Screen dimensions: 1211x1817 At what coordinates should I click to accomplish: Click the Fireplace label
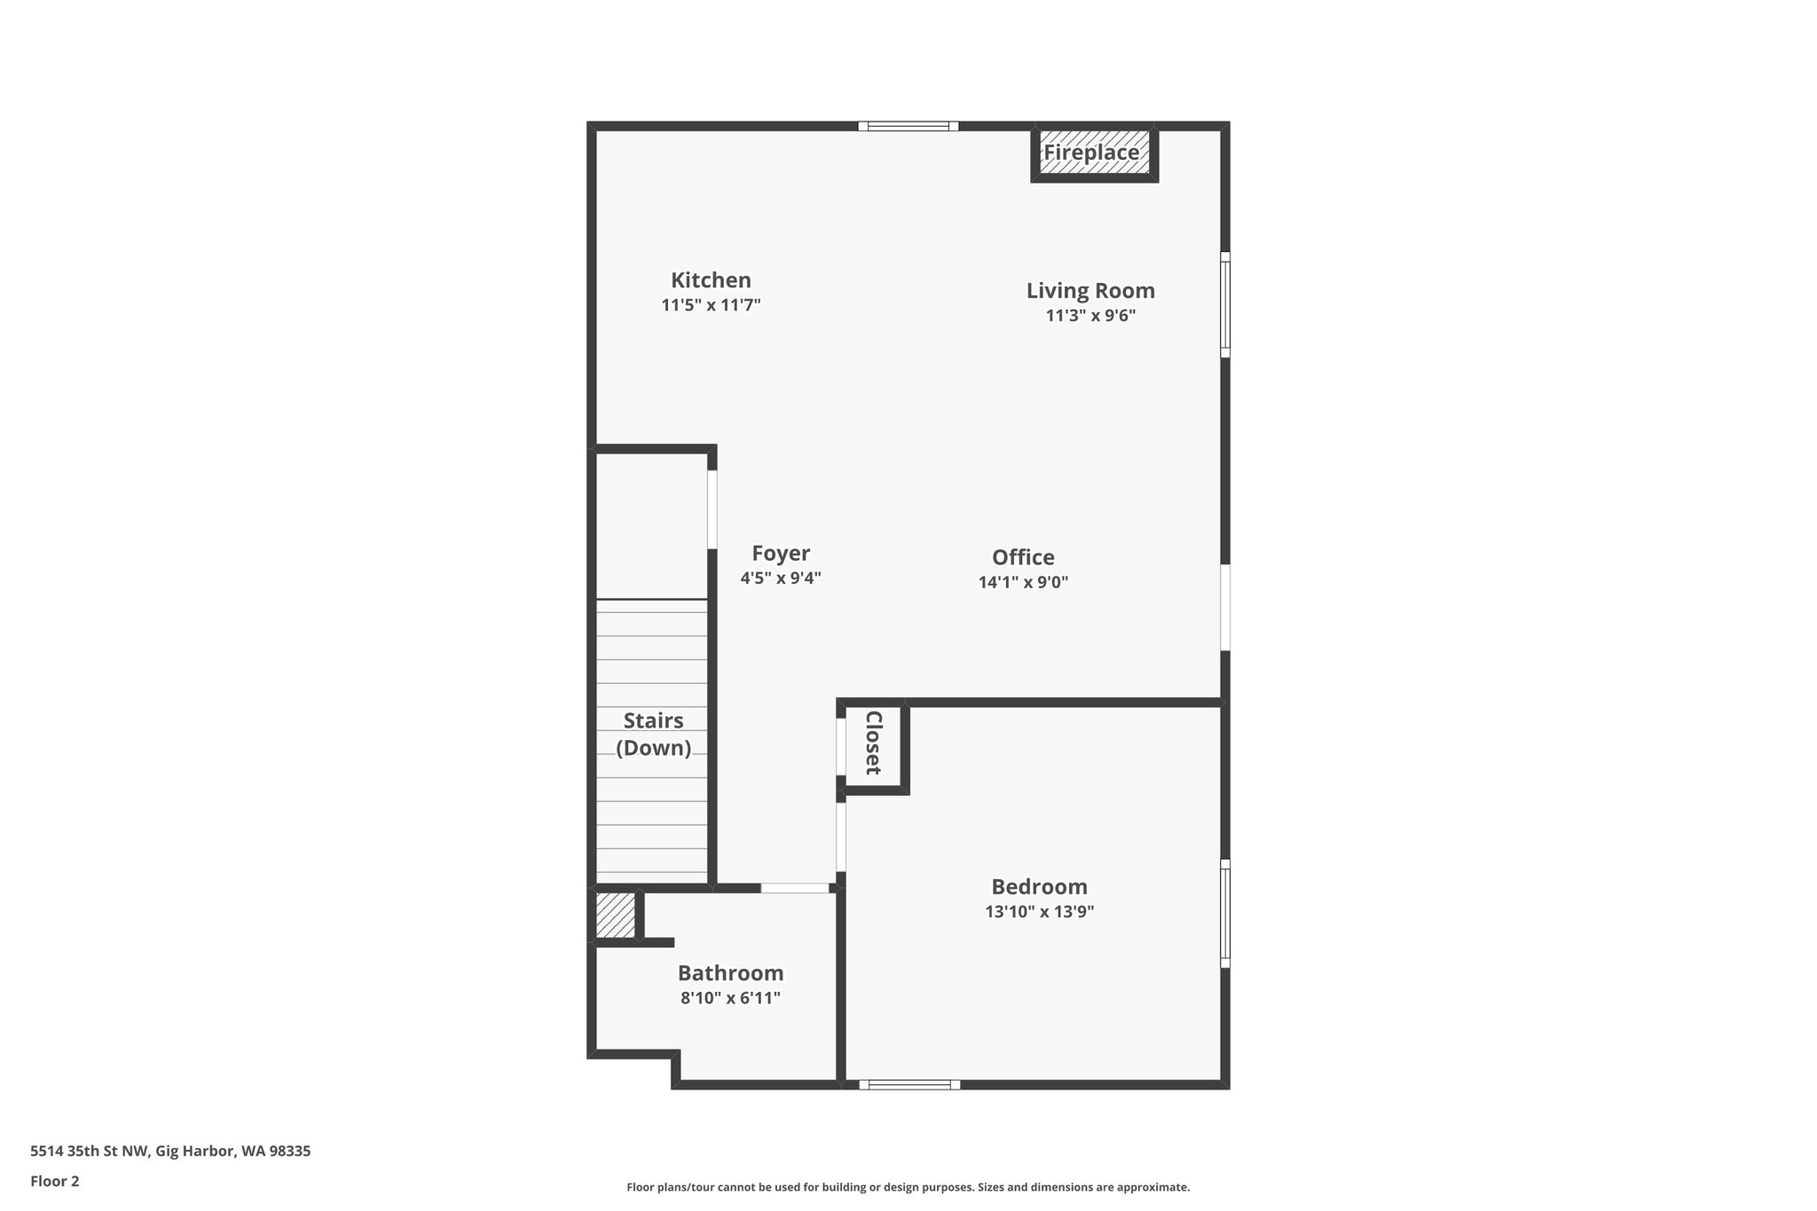pos(1090,153)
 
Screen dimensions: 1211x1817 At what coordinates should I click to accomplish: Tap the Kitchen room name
pos(711,280)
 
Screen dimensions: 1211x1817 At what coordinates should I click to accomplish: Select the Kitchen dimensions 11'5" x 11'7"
pos(711,305)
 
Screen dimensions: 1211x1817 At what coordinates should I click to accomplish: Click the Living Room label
pos(1090,291)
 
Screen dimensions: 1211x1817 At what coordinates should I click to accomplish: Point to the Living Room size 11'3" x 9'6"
pos(1090,315)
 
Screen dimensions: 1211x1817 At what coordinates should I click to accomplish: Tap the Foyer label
pos(781,554)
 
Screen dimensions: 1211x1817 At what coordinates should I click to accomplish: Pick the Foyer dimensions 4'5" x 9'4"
pos(781,578)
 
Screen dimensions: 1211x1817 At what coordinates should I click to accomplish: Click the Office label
pos(1023,558)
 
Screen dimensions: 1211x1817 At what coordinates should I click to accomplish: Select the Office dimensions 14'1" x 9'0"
pos(1023,583)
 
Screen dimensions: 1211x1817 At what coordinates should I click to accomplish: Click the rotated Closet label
pos(873,743)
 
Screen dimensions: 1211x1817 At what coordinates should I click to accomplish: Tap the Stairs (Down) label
pos(653,734)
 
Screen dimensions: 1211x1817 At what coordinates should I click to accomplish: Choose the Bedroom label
pos(1039,887)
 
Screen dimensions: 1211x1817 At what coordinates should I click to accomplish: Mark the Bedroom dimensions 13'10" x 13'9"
pos(1039,912)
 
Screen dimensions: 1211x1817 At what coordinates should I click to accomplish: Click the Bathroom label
pos(730,973)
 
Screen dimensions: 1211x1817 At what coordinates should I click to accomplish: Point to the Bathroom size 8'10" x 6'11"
pos(730,998)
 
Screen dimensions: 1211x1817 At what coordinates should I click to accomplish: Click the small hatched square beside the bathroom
pos(615,915)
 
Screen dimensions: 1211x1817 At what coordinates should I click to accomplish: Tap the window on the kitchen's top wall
pos(908,126)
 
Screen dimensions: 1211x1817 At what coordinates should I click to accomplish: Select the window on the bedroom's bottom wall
pos(909,1084)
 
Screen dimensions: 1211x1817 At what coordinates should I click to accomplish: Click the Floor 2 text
pos(55,1181)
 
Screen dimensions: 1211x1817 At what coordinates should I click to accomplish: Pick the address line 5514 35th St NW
pos(170,1152)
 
